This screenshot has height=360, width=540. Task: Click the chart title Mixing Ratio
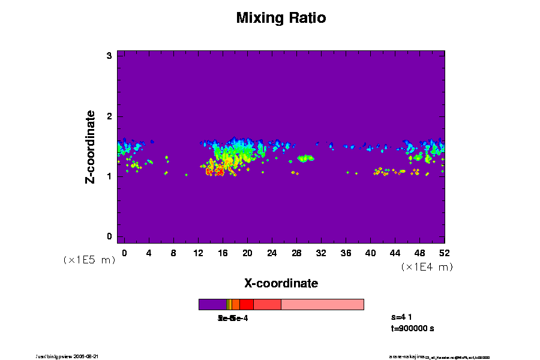[281, 18]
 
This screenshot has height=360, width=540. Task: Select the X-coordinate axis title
[281, 283]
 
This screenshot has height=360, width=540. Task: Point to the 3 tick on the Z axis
[110, 56]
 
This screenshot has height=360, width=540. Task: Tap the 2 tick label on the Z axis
[110, 116]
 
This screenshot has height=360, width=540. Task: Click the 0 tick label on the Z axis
[110, 236]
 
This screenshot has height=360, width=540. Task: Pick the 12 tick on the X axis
[198, 253]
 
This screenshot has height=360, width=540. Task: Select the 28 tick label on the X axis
[296, 253]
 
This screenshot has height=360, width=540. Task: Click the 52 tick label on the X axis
[445, 253]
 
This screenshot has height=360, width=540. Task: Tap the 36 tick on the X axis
[346, 253]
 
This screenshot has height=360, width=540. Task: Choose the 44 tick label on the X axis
[395, 253]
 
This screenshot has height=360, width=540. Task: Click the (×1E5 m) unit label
[89, 260]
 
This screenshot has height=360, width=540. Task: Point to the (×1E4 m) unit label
[427, 267]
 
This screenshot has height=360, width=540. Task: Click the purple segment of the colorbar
[212, 304]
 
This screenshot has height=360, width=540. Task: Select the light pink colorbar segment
[322, 304]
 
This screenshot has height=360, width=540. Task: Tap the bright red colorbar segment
[246, 304]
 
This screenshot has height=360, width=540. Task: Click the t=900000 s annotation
[412, 329]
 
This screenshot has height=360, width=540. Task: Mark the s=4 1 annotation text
[401, 317]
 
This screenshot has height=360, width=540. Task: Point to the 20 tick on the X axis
[247, 253]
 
